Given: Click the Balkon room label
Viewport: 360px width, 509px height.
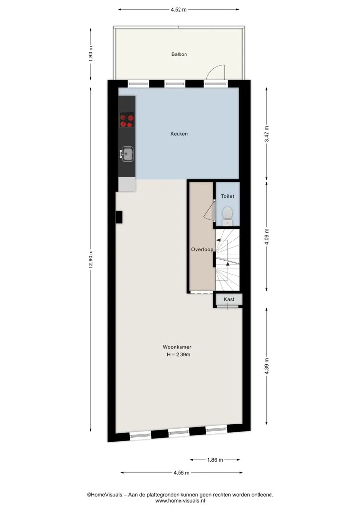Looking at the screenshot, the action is coord(179,54).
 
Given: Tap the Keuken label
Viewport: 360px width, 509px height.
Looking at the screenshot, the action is coord(179,133).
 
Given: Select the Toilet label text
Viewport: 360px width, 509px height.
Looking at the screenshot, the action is coord(228,196).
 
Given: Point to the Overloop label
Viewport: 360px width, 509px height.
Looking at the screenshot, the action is coord(202,250).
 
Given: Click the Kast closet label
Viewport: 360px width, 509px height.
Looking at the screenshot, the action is coord(229,299).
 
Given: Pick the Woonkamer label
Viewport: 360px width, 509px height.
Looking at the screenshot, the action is coord(177,347).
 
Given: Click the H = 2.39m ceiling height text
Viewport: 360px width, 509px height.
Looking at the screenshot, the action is coord(179,355).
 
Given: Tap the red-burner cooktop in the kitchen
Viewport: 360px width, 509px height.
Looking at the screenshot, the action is coord(127,120).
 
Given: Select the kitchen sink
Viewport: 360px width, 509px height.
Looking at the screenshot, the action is coord(127,154).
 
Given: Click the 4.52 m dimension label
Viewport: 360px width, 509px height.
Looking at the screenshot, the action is coord(179,10).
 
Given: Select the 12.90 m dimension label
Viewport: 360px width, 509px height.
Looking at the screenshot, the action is coord(91,258).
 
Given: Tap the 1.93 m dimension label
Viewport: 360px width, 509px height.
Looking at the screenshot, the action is coord(91,54).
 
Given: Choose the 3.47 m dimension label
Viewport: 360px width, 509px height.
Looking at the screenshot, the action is coord(267,134).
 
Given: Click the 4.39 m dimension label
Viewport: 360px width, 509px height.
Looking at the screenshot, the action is coord(267,366).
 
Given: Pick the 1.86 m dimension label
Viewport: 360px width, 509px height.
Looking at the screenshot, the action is coord(215,460).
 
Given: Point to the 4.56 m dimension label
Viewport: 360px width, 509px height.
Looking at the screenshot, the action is coord(181,473).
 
